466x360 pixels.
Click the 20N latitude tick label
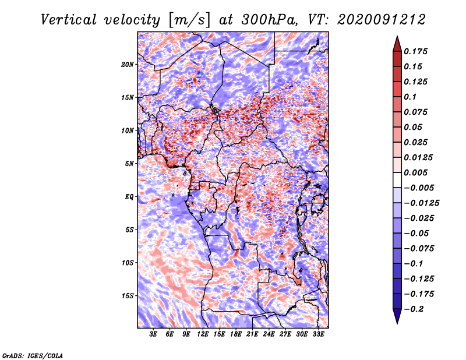click(128, 64)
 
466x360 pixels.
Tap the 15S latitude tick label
click(128, 295)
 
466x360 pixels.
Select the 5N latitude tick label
click(129, 163)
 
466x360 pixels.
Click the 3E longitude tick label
click(153, 334)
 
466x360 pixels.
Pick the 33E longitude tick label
click(318, 334)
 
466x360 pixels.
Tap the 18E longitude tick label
click(236, 334)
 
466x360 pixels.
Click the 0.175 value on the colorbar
click(418, 51)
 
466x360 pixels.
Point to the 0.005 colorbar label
click(418, 173)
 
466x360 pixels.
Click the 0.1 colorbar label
click(412, 97)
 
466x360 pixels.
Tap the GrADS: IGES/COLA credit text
click(32, 355)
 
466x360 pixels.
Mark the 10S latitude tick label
click(128, 262)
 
